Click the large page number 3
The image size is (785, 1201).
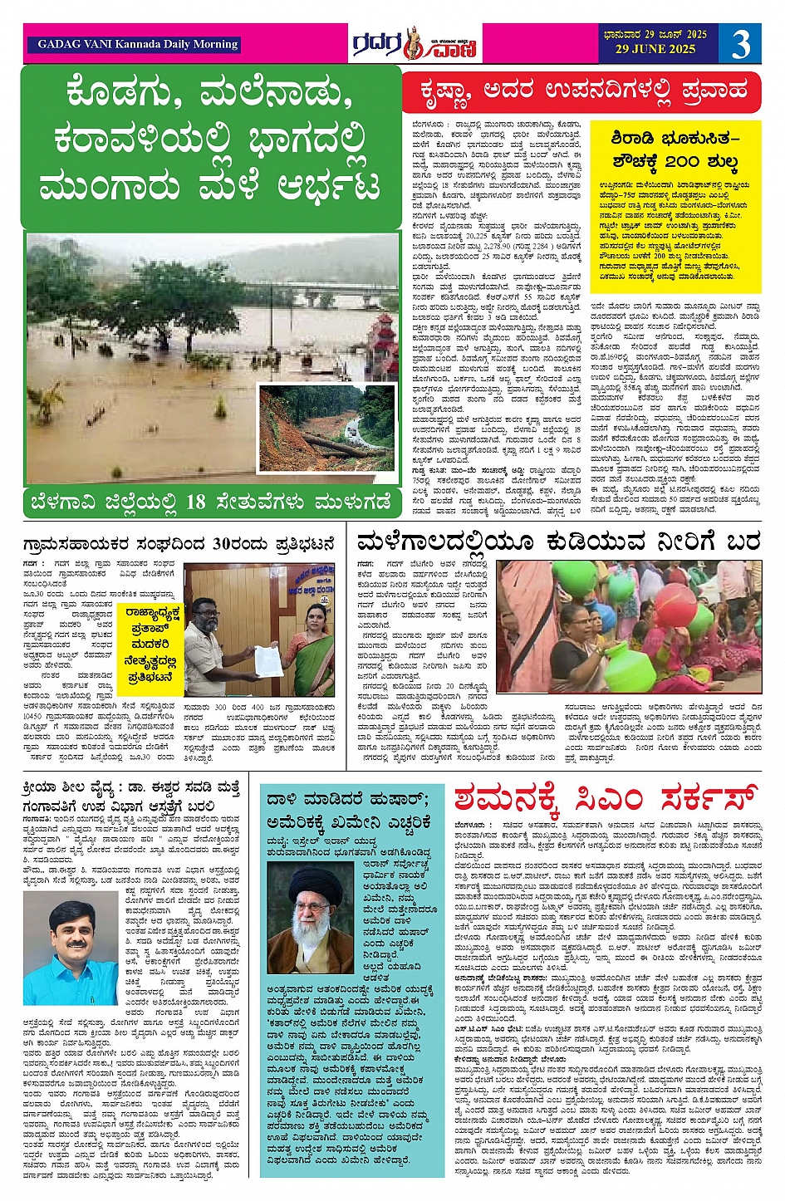(x=740, y=44)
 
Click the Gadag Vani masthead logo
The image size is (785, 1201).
(x=415, y=44)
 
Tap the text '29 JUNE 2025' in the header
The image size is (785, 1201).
(x=655, y=50)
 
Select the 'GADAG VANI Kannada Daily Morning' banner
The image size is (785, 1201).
(x=138, y=45)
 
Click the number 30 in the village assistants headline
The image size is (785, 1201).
(x=227, y=545)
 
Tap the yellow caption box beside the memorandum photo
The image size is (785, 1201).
(x=153, y=644)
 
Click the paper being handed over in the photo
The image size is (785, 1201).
(x=266, y=660)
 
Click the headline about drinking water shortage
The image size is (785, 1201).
(x=557, y=542)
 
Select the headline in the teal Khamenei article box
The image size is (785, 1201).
(x=349, y=811)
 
